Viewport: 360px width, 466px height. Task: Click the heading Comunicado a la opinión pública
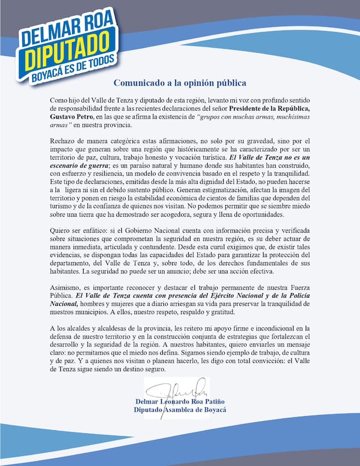180,84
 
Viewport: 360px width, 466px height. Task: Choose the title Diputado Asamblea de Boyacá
179,410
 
